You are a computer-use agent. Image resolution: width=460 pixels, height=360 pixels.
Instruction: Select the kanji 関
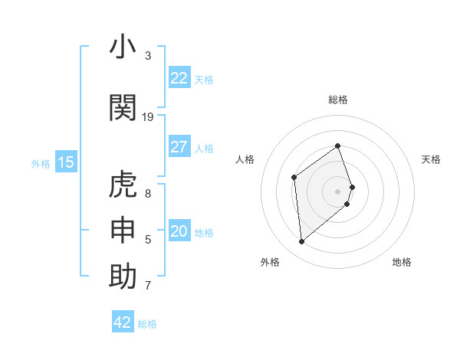[123, 108]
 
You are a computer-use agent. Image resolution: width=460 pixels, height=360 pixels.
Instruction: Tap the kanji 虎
[123, 185]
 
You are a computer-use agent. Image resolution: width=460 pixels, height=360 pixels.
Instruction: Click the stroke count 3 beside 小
[148, 56]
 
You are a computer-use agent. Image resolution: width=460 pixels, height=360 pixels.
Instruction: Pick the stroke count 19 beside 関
[148, 117]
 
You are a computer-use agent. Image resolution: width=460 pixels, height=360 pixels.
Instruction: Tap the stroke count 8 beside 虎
[148, 194]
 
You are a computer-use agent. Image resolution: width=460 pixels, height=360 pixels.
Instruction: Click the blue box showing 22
[179, 78]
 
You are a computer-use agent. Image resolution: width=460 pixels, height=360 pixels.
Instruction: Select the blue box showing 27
[179, 147]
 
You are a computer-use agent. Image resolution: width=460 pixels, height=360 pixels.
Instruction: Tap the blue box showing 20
[179, 231]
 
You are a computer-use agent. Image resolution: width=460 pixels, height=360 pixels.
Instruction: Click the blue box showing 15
[66, 162]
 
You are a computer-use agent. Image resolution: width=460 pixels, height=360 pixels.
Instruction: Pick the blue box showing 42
[123, 322]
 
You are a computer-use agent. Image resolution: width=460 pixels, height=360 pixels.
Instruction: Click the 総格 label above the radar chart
[338, 100]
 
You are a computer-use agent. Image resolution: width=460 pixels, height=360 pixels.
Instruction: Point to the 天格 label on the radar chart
[432, 159]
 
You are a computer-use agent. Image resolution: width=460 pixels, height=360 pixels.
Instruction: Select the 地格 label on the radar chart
[402, 262]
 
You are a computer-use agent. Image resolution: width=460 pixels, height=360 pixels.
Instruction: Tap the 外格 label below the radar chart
[270, 262]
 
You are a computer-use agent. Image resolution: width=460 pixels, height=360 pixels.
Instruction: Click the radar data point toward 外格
[301, 242]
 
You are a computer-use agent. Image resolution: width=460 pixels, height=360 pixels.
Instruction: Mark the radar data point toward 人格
[294, 178]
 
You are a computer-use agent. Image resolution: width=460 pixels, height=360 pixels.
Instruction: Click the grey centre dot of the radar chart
[338, 191]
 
